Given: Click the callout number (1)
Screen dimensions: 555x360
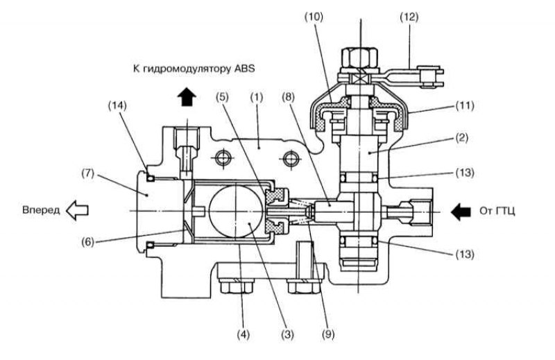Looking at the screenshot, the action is point(257,97).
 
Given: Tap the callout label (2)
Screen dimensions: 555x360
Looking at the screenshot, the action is point(461,137).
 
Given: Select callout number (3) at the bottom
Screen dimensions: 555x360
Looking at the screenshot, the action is point(287,334).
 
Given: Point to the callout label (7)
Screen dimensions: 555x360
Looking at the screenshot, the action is point(87,173).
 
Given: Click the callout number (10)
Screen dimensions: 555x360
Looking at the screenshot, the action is point(314,17).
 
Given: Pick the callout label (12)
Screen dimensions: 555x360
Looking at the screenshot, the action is point(409,17).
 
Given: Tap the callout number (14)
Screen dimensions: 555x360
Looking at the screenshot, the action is point(117,105).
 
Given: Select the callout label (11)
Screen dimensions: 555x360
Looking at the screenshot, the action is point(464,105).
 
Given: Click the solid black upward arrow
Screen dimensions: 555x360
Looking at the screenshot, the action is point(187,96).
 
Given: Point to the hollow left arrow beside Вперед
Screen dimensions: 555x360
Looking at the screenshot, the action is point(77,210).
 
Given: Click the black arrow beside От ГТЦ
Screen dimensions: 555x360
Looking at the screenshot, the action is point(461,212).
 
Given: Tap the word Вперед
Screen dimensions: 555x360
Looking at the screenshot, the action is point(41,210).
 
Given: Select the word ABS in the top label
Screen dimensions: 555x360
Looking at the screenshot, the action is point(245,68).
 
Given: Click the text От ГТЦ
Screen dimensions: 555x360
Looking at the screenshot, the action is point(497,211).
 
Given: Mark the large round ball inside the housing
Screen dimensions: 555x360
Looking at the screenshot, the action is point(235,211).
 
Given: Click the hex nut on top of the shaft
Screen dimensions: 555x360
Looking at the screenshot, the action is point(359,57).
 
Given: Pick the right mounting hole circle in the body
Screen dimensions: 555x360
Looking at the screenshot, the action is point(291,157).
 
